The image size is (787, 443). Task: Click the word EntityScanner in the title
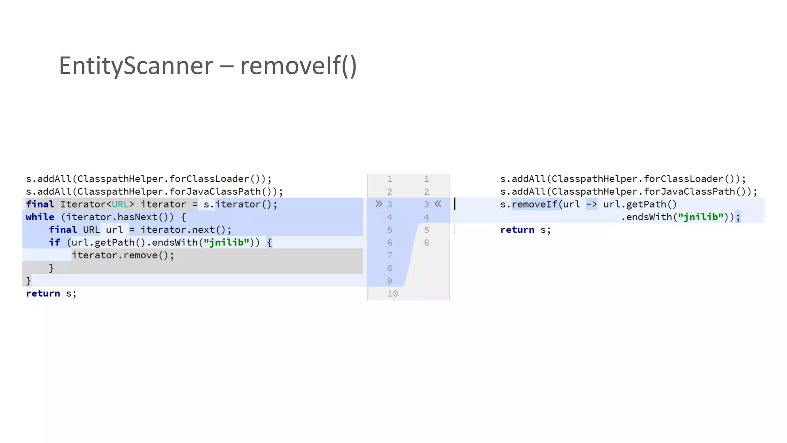[136, 66]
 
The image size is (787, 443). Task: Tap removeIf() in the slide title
[298, 66]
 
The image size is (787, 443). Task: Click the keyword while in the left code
[40, 217]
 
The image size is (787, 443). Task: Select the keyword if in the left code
[54, 243]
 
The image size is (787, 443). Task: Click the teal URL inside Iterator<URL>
[120, 205]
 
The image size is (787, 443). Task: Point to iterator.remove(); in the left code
[123, 255]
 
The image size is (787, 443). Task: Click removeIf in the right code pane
[534, 205]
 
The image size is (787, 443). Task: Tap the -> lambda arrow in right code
[591, 205]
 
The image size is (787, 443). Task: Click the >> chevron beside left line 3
[379, 204]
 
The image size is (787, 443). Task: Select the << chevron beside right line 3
[438, 204]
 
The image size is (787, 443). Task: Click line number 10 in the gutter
[392, 294]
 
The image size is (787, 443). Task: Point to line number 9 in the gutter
[390, 281]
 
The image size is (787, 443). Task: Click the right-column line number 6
[427, 243]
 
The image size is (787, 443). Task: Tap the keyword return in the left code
[43, 294]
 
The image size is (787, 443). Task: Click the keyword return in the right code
[517, 230]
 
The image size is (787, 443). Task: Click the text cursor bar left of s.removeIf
[455, 204]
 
